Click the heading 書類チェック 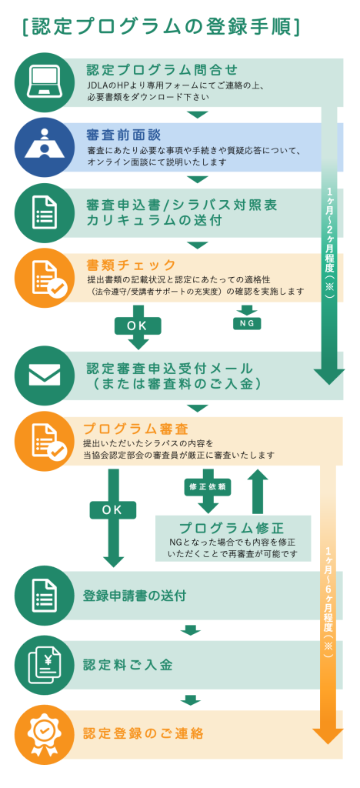click(131, 265)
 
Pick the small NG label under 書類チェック click(247, 324)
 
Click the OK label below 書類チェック click(137, 326)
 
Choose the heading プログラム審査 click(135, 429)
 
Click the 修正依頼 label click(208, 487)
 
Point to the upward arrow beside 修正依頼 click(259, 491)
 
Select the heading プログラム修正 click(232, 528)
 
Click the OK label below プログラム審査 click(112, 510)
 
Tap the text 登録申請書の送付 click(135, 596)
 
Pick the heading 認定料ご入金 click(128, 665)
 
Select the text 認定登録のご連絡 click(143, 733)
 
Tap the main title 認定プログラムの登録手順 click(161, 28)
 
